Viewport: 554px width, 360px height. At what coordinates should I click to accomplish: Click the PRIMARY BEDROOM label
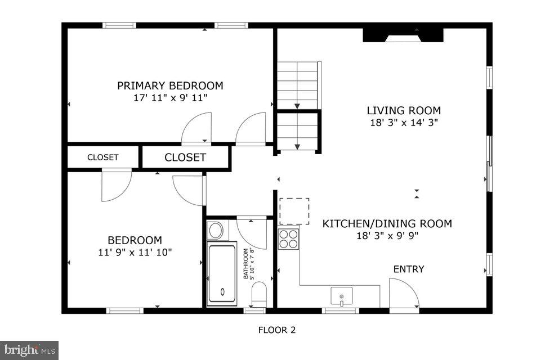(170, 85)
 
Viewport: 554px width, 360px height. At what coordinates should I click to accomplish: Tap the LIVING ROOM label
(404, 110)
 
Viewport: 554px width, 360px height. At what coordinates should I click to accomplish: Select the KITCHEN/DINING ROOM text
(387, 224)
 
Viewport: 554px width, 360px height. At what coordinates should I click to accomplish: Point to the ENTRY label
(408, 269)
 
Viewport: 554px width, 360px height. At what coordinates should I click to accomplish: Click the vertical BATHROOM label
(245, 263)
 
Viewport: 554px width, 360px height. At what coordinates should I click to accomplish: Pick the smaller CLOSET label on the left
(102, 157)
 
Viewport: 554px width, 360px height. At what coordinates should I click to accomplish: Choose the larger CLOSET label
(185, 157)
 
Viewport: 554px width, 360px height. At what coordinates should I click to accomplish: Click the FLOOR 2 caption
(276, 330)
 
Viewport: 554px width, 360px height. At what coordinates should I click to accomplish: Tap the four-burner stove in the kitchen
(289, 238)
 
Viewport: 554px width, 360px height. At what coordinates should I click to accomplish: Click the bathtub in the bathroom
(222, 273)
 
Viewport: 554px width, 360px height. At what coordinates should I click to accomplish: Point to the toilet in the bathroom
(258, 294)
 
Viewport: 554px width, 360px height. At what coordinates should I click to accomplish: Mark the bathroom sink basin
(215, 230)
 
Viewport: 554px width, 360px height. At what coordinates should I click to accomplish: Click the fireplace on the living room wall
(403, 35)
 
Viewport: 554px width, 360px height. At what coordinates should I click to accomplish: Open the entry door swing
(403, 293)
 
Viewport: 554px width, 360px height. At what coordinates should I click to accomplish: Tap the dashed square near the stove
(294, 211)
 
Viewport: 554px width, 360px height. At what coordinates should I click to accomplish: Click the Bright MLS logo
(29, 350)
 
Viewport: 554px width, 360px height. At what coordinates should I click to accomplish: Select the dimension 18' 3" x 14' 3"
(404, 121)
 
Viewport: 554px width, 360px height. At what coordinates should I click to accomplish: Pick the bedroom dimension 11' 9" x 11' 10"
(135, 252)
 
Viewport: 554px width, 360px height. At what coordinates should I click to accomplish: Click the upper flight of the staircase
(298, 84)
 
